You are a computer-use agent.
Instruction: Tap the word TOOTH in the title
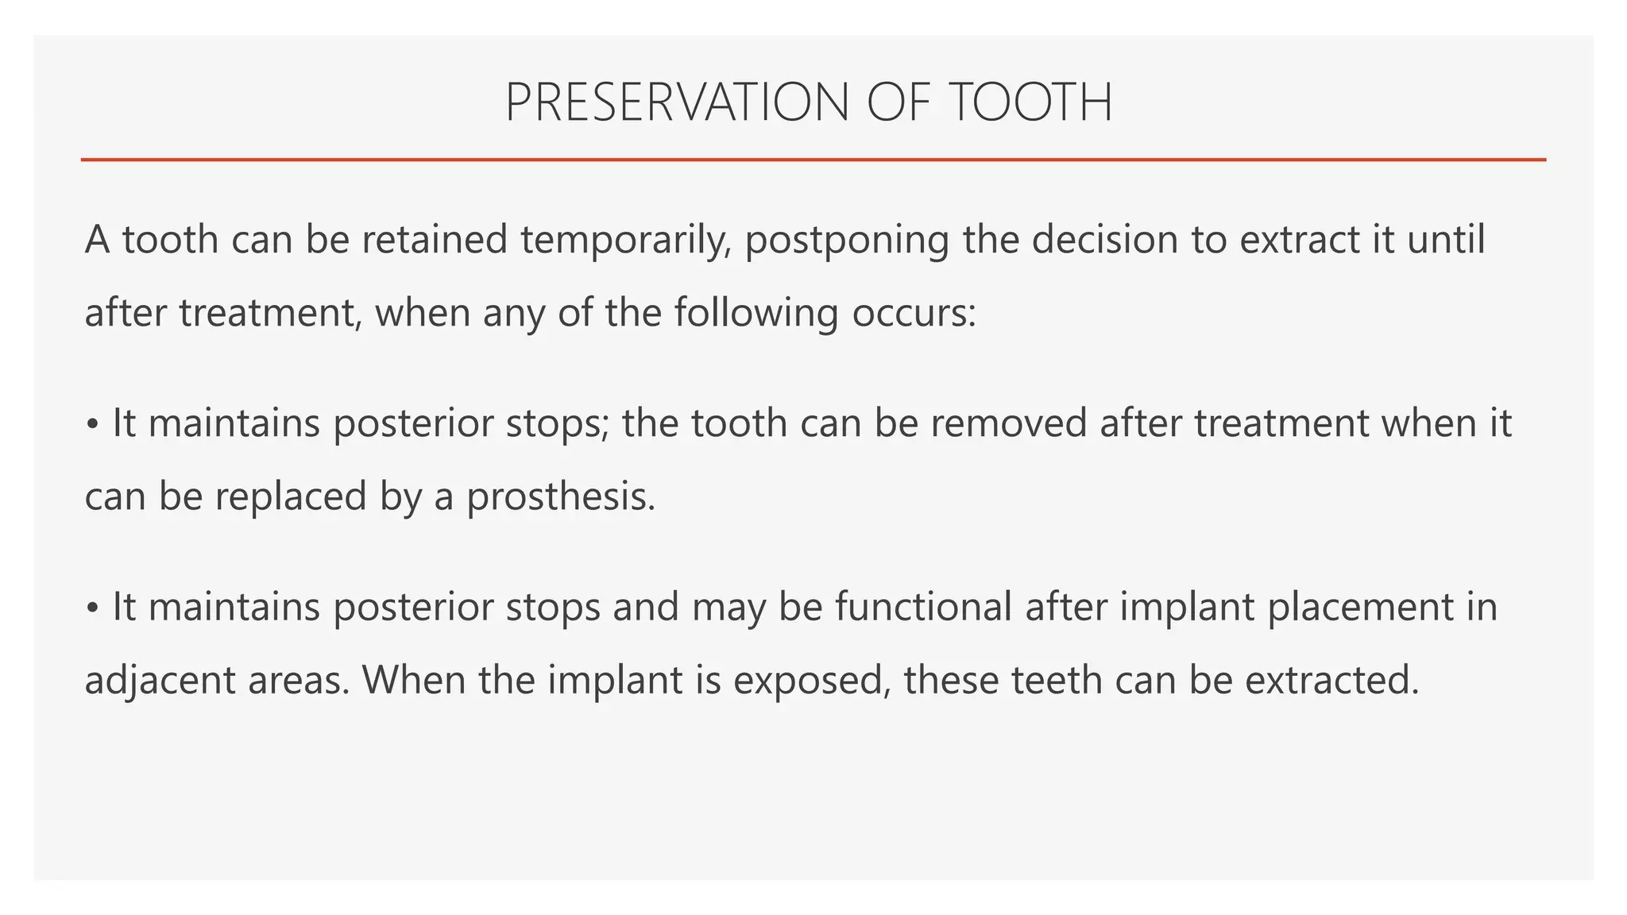[x=1030, y=103]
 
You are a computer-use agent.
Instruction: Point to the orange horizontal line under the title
[x=813, y=160]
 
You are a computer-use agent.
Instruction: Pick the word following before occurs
[x=756, y=313]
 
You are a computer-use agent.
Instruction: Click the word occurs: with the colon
[x=914, y=313]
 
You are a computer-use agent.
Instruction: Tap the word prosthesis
[x=560, y=497]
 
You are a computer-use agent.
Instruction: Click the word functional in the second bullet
[x=922, y=607]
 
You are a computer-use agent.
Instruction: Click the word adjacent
[x=159, y=681]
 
